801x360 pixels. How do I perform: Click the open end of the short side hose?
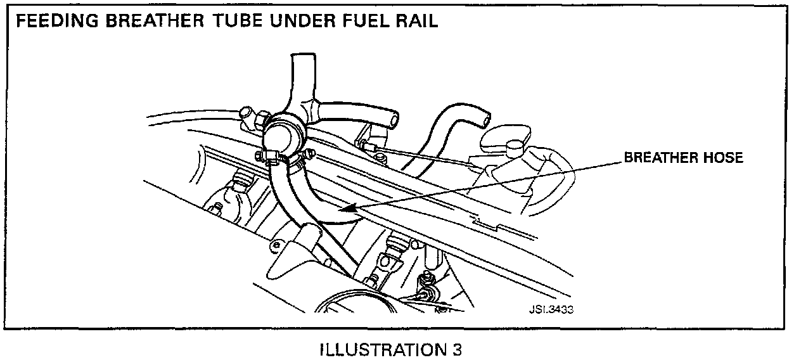coord(395,119)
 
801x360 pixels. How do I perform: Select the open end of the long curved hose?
coord(485,118)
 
